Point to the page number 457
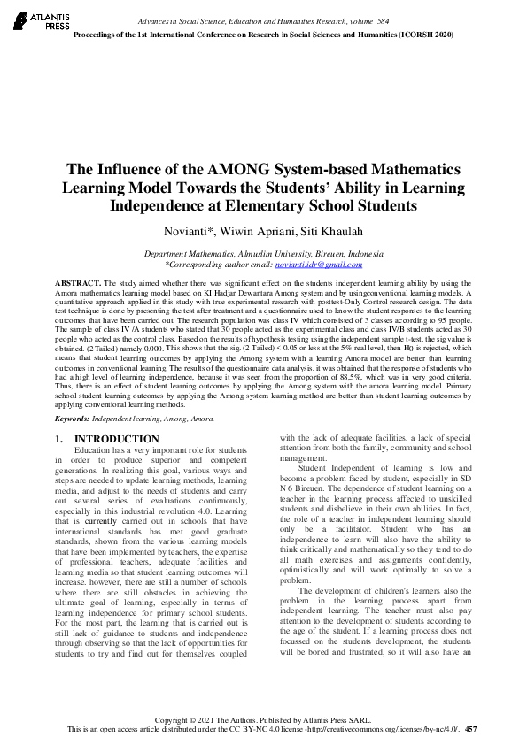pyautogui.click(x=470, y=729)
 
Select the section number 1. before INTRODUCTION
pyautogui.click(x=59, y=438)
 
